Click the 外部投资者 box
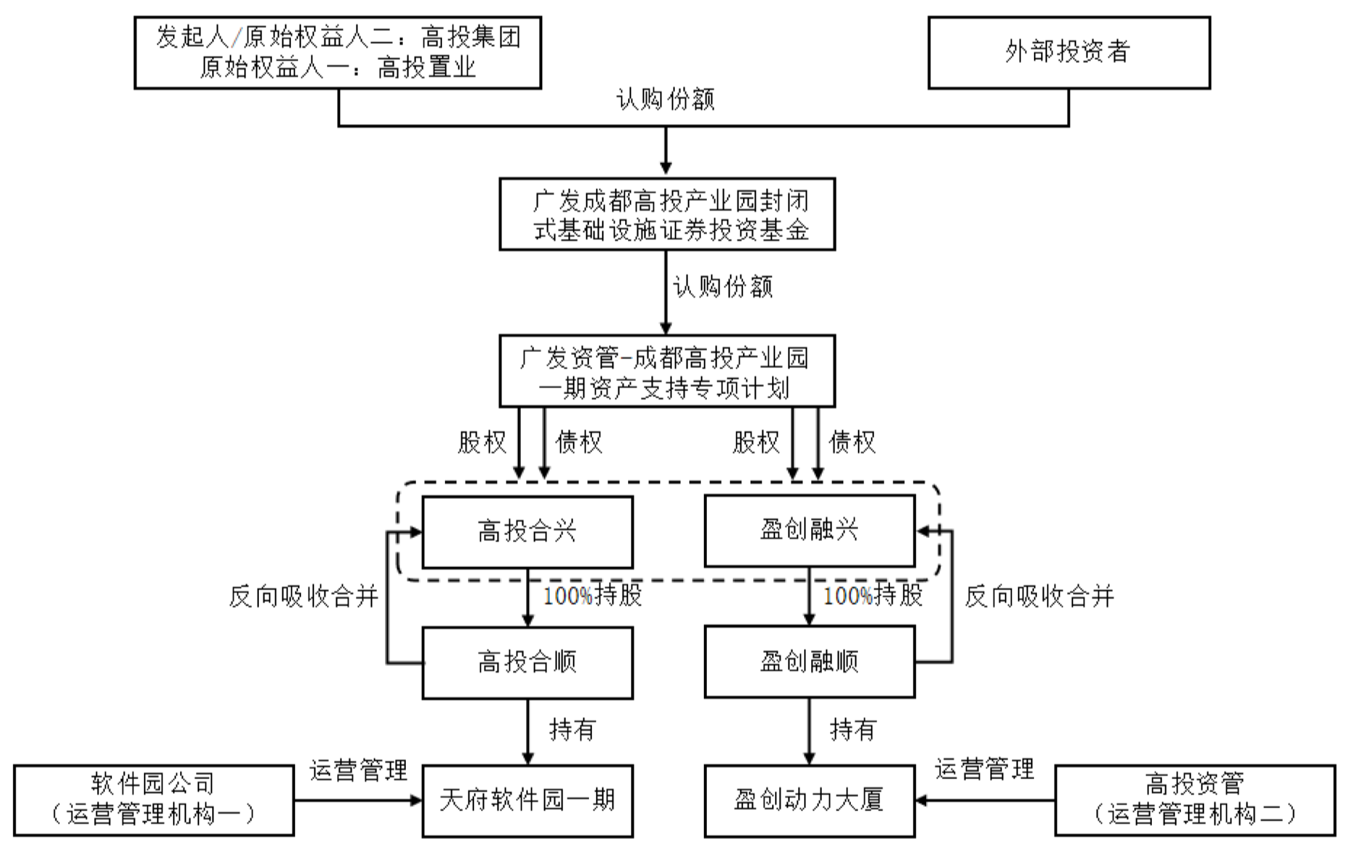tap(1068, 53)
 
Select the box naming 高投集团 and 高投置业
tap(338, 53)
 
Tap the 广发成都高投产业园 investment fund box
tap(666, 214)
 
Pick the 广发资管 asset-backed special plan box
tap(666, 370)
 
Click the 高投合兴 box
tap(527, 531)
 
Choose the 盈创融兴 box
tap(809, 530)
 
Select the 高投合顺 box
tap(527, 662)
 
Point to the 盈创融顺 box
tap(809, 661)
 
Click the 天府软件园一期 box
tap(527, 800)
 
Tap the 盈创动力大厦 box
tap(809, 800)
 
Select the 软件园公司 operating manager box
tap(154, 800)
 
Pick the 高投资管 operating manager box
tap(1195, 800)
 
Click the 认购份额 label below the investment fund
tap(723, 287)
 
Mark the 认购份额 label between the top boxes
tap(666, 100)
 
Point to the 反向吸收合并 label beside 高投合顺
tap(304, 596)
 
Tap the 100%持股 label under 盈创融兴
tap(873, 595)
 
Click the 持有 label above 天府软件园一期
tap(572, 730)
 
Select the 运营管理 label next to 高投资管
tap(984, 769)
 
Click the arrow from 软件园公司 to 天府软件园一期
tap(358, 801)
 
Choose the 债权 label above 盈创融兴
tap(852, 442)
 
